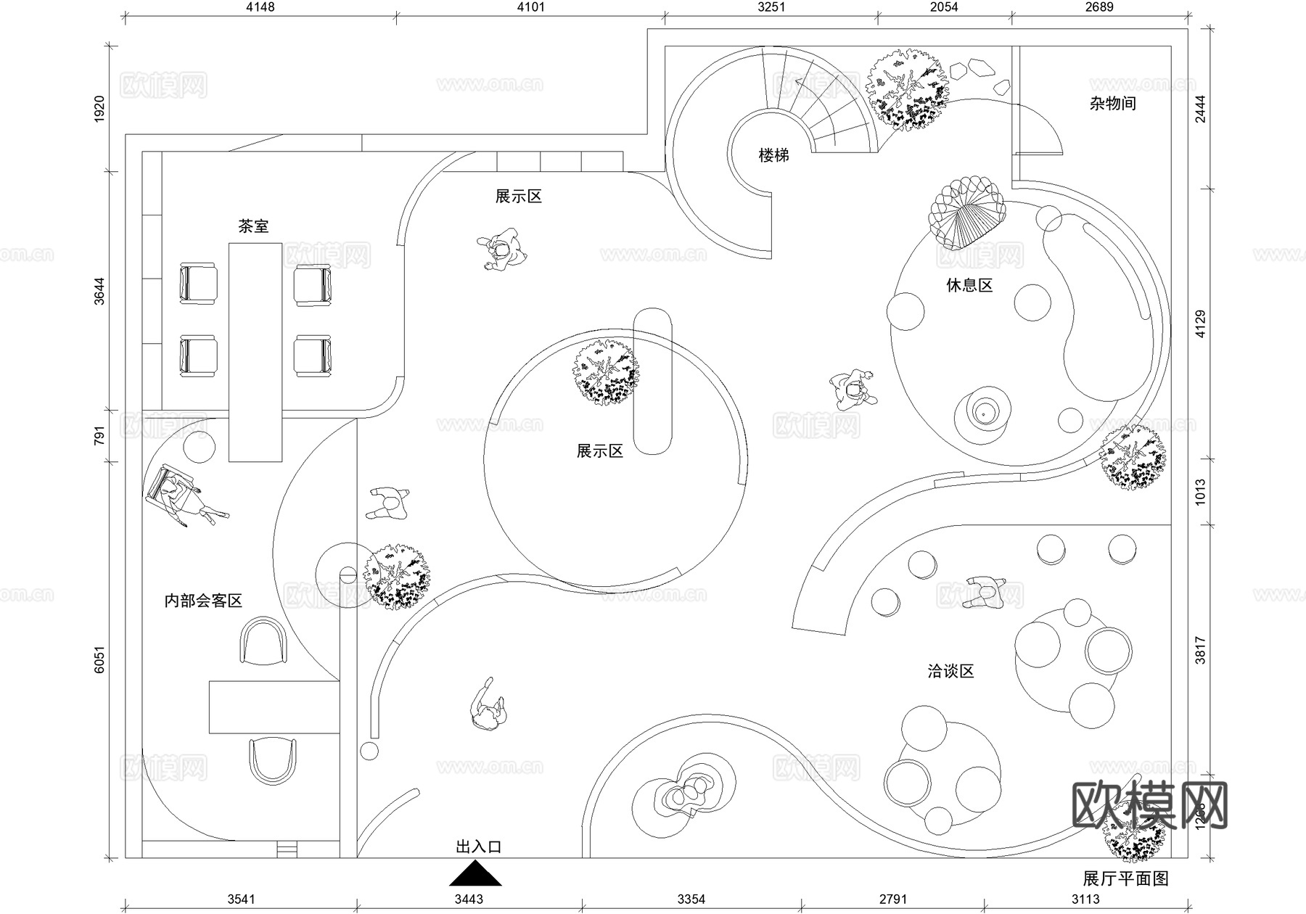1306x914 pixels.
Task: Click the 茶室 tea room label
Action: click(x=253, y=226)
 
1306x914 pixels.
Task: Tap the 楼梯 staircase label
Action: click(x=773, y=155)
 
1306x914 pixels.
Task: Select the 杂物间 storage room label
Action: click(x=1112, y=104)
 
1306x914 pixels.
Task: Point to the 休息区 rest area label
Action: click(x=969, y=285)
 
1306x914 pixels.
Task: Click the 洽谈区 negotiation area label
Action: click(x=950, y=671)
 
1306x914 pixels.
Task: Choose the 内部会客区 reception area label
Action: click(x=203, y=601)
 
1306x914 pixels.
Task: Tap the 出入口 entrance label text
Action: click(x=479, y=847)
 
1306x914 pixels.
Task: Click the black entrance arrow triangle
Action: click(x=475, y=876)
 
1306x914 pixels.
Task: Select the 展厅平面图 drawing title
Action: click(x=1126, y=878)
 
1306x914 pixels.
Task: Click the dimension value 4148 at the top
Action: click(x=260, y=7)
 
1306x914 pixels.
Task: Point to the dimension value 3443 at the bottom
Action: click(x=469, y=899)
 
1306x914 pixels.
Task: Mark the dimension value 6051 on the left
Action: click(x=99, y=659)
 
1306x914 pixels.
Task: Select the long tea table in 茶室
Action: click(x=255, y=352)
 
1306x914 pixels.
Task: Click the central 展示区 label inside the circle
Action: click(x=599, y=451)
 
